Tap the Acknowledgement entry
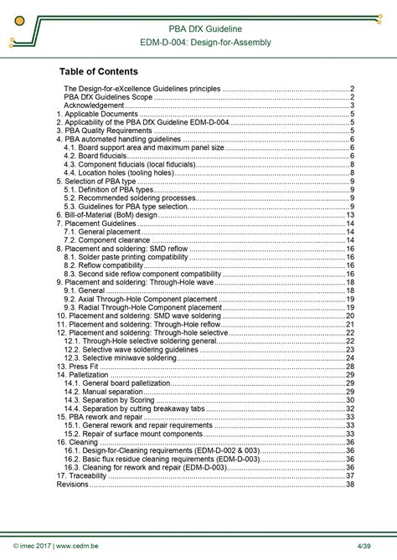(x=94, y=105)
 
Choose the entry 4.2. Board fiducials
(x=98, y=156)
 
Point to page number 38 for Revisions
(x=350, y=484)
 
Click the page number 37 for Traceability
(x=350, y=475)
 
